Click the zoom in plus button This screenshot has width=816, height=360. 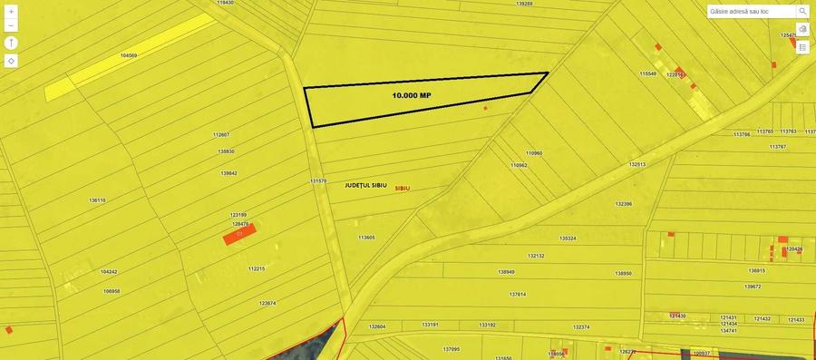click(x=11, y=12)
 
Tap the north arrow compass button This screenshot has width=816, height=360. click(x=11, y=43)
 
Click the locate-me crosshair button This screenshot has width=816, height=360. click(x=11, y=61)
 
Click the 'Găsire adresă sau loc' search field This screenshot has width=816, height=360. click(x=751, y=12)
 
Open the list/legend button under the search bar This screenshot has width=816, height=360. click(x=802, y=47)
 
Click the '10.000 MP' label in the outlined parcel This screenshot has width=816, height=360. click(x=412, y=95)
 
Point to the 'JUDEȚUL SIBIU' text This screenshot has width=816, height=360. click(x=365, y=185)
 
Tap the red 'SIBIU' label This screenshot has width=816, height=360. click(x=402, y=189)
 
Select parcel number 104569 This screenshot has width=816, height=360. click(x=129, y=55)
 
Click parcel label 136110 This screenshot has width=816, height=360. click(x=97, y=200)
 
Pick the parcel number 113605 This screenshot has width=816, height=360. click(x=366, y=238)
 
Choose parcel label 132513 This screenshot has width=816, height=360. click(x=636, y=164)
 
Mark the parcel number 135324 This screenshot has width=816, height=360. click(x=568, y=238)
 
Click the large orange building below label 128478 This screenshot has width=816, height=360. click(x=240, y=235)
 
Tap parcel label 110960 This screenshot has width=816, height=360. click(x=534, y=153)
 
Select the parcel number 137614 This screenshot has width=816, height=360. click(x=517, y=294)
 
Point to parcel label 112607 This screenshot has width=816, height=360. click(x=221, y=135)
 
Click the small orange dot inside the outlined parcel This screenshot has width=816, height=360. click(x=485, y=109)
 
